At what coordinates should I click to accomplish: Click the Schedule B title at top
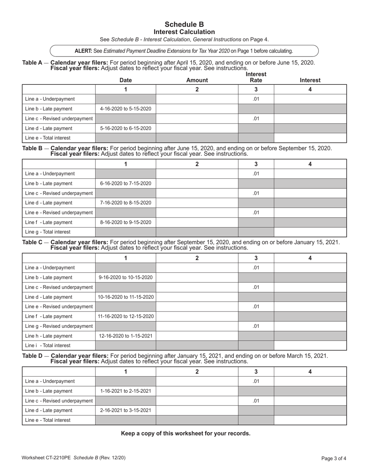(184, 24)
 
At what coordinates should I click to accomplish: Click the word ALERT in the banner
(83, 51)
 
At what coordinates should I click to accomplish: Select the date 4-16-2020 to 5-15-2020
(126, 109)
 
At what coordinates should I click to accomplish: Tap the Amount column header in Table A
(197, 80)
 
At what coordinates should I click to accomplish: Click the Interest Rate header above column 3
(256, 77)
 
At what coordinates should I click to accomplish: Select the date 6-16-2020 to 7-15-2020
(126, 183)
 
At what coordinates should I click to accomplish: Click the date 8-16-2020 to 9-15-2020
(126, 222)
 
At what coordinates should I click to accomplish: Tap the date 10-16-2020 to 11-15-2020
(126, 297)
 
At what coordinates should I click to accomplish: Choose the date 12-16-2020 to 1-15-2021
(126, 336)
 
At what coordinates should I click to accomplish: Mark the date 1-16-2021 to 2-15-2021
(126, 391)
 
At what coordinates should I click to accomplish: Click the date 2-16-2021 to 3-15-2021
(126, 410)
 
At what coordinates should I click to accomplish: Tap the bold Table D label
(33, 356)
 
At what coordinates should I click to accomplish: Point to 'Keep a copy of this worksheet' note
(186, 433)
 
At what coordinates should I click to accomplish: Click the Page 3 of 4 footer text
(334, 459)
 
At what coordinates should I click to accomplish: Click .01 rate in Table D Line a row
(256, 381)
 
